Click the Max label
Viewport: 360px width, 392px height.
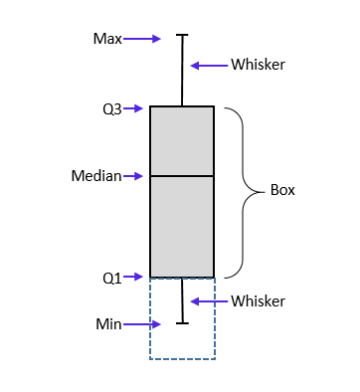tap(106, 39)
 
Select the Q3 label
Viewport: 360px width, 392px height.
tap(112, 108)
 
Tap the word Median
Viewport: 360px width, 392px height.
tap(95, 176)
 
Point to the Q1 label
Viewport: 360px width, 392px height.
tap(112, 278)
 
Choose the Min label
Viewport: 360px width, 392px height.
tap(108, 322)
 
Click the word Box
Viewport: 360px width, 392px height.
tap(283, 189)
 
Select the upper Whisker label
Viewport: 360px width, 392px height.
tap(258, 65)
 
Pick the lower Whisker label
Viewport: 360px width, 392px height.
tap(258, 300)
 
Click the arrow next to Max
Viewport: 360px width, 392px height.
tap(141, 39)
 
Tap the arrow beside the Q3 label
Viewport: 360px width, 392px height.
tap(137, 108)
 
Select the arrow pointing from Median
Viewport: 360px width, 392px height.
tap(134, 176)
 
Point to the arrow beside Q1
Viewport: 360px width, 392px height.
tap(137, 278)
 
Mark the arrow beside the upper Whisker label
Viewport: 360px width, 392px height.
tap(208, 66)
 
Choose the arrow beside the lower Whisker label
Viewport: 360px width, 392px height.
tap(208, 300)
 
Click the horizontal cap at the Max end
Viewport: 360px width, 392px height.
tap(182, 36)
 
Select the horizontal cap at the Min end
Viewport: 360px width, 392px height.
tap(182, 322)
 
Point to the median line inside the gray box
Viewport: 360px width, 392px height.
tap(182, 176)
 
